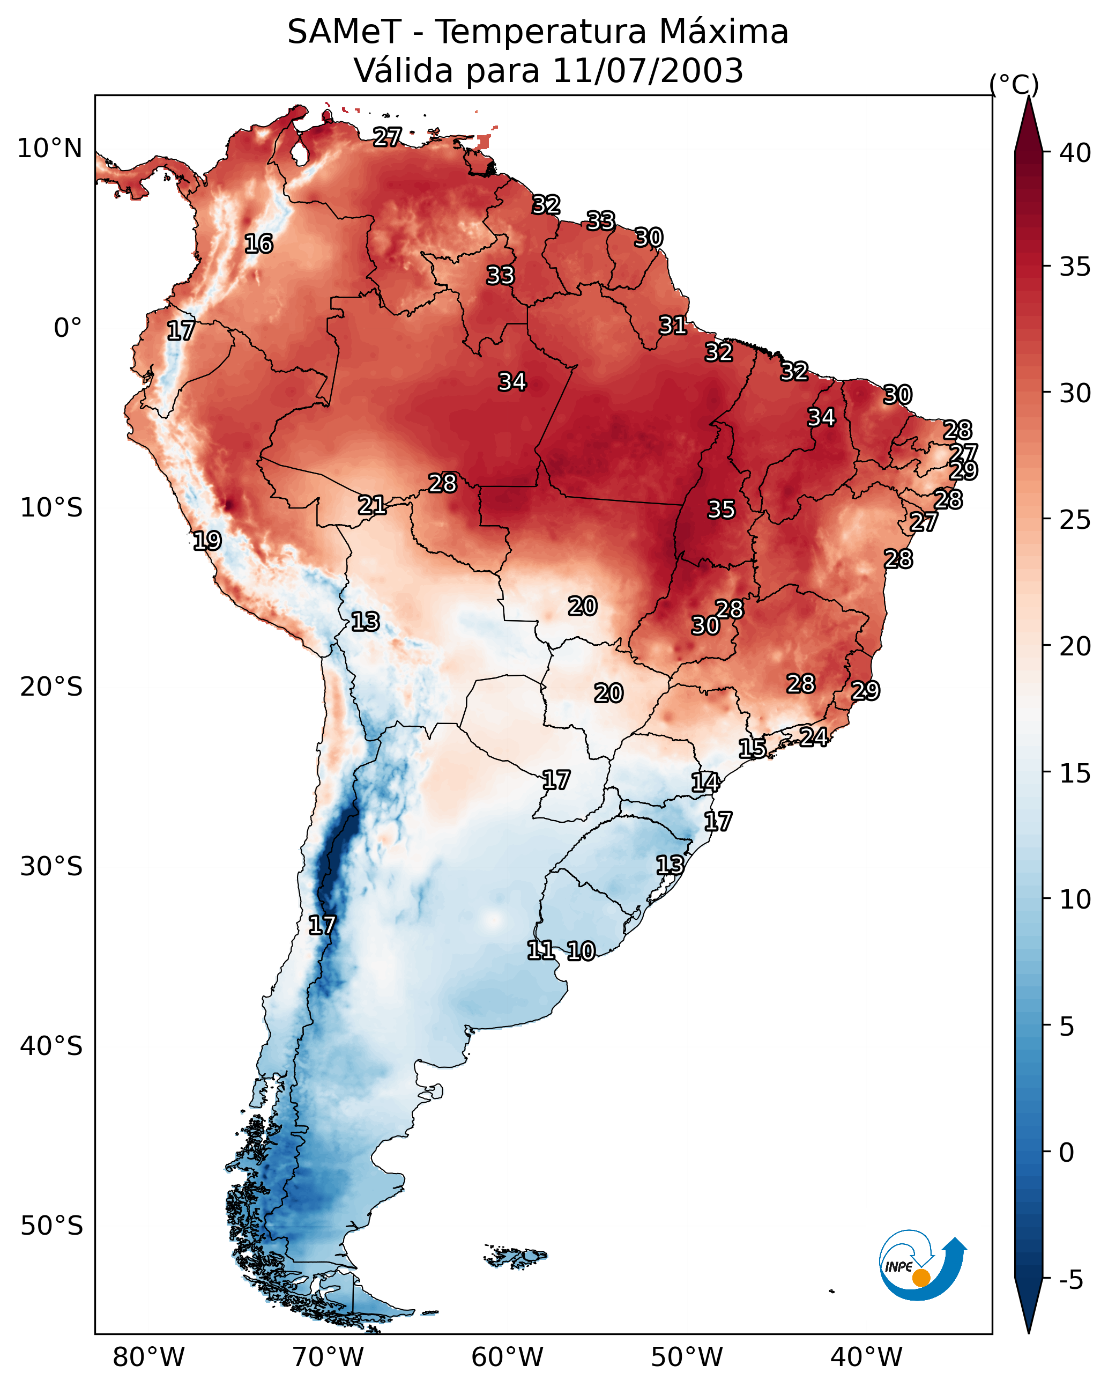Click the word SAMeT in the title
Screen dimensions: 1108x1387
[x=344, y=32]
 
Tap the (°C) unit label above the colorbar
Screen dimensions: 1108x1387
[x=1014, y=84]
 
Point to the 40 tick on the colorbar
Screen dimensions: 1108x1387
[x=1075, y=153]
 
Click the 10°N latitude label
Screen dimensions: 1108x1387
[x=49, y=149]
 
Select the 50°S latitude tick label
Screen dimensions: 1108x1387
[x=51, y=1226]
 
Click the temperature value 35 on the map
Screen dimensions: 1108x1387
[x=721, y=510]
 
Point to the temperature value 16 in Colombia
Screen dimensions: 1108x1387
[x=258, y=244]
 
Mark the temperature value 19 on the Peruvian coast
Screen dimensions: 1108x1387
[x=207, y=541]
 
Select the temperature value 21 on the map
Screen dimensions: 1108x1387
[x=371, y=505]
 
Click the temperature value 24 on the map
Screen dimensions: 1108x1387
[x=814, y=736]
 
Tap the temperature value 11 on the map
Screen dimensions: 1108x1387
[x=540, y=950]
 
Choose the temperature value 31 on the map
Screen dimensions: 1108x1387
[x=673, y=326]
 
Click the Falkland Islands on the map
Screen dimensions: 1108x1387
[x=515, y=1256]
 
